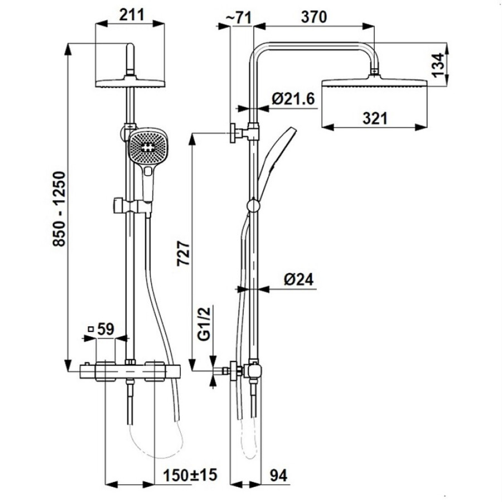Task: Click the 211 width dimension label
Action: (x=132, y=15)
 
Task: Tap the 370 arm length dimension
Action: (x=313, y=17)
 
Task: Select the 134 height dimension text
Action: (x=437, y=65)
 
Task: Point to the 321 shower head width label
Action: (x=375, y=118)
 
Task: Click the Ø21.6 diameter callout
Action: (x=293, y=99)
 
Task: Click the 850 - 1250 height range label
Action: (x=59, y=209)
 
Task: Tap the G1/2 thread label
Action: (x=204, y=324)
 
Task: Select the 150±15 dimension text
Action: (x=190, y=475)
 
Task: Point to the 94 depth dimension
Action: (x=278, y=475)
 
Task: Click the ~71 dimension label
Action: (x=239, y=17)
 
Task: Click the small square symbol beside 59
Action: (x=91, y=329)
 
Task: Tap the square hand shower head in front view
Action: (x=148, y=147)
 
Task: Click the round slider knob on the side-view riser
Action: (x=254, y=205)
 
